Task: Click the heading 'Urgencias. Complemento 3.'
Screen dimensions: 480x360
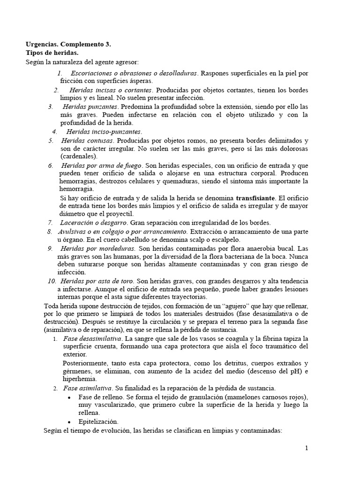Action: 68,45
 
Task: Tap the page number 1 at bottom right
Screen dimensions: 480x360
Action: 307,448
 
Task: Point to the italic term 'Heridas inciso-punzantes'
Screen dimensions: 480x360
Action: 104,132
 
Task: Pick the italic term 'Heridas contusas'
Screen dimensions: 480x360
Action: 87,141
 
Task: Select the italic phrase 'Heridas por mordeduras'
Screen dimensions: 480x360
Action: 98,248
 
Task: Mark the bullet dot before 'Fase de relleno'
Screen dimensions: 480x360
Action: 69,397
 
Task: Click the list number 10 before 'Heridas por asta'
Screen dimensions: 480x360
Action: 52,281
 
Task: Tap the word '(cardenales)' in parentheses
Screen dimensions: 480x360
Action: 79,156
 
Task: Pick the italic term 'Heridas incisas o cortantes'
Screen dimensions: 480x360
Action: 111,90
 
